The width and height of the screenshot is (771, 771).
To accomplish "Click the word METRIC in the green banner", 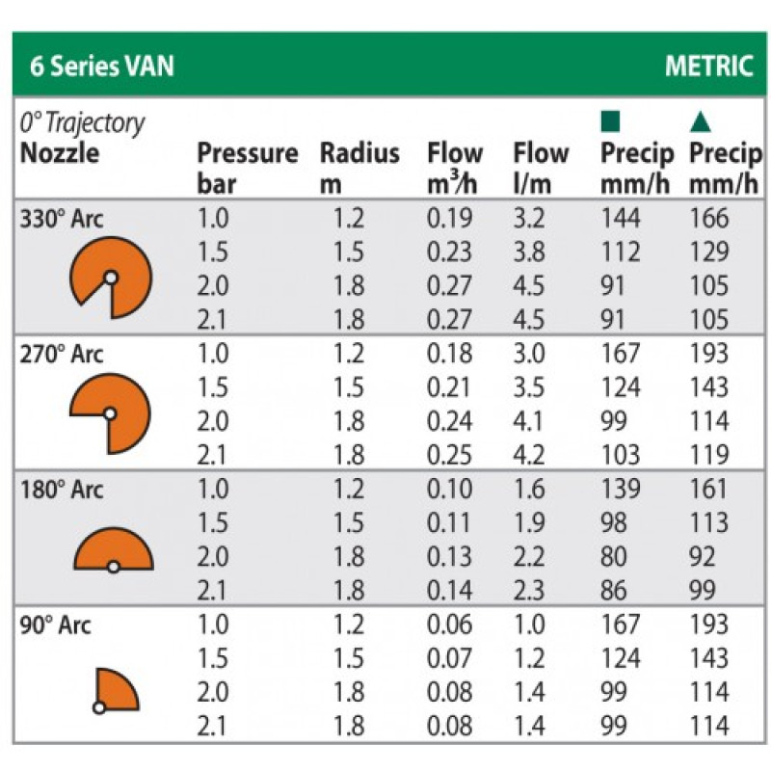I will pyautogui.click(x=708, y=66).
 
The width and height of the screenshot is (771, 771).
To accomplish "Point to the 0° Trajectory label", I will pyautogui.click(x=82, y=122).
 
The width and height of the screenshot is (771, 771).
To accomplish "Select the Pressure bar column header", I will pyautogui.click(x=247, y=167).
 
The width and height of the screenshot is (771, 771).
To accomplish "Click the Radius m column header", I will pyautogui.click(x=359, y=167).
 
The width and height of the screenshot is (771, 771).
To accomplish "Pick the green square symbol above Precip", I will pyautogui.click(x=609, y=122).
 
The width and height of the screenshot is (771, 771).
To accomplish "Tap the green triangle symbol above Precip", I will pyautogui.click(x=701, y=122).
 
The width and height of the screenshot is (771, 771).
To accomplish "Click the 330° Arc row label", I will pyautogui.click(x=62, y=219).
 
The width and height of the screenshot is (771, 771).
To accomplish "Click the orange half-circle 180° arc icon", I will pyautogui.click(x=114, y=550).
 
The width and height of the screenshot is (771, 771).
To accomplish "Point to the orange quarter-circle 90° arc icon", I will pyautogui.click(x=116, y=688).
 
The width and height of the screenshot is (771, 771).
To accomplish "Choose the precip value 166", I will pyautogui.click(x=709, y=219).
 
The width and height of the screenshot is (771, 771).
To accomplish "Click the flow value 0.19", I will pyautogui.click(x=449, y=219).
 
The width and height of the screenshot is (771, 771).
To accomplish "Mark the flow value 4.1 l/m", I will pyautogui.click(x=529, y=421).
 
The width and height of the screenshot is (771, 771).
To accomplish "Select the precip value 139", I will pyautogui.click(x=621, y=489).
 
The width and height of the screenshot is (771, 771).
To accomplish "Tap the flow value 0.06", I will pyautogui.click(x=449, y=624).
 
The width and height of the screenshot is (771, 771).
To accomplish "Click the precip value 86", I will pyautogui.click(x=614, y=590).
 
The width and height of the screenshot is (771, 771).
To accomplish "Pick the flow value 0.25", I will pyautogui.click(x=449, y=455).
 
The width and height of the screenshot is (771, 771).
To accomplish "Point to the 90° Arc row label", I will pyautogui.click(x=56, y=625).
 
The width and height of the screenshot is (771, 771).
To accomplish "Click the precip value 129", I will pyautogui.click(x=709, y=253).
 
